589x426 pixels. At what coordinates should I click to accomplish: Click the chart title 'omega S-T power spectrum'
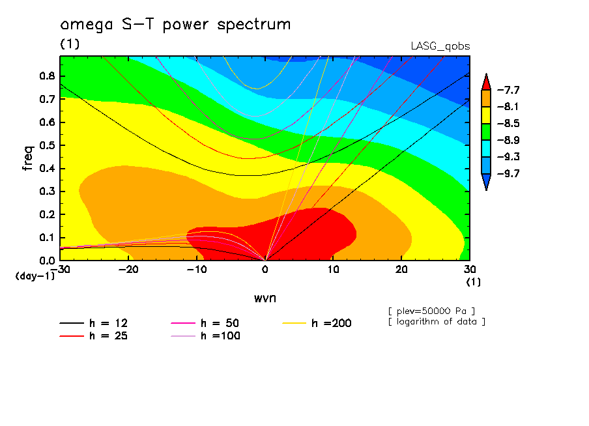[x=175, y=25]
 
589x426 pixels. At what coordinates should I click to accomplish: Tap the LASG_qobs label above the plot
[x=440, y=46]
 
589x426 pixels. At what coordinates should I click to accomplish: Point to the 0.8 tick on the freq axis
[x=46, y=76]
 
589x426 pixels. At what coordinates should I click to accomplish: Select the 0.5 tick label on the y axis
[x=46, y=145]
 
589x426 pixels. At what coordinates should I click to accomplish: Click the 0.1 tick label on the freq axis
[x=46, y=238]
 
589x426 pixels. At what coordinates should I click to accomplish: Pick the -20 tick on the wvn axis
[x=128, y=270]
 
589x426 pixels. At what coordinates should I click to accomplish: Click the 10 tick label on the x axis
[x=333, y=270]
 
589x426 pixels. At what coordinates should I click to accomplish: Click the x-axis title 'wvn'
[x=265, y=298]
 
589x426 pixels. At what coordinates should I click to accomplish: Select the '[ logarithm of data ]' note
[x=437, y=321]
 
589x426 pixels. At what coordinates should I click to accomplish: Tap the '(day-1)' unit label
[x=35, y=276]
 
